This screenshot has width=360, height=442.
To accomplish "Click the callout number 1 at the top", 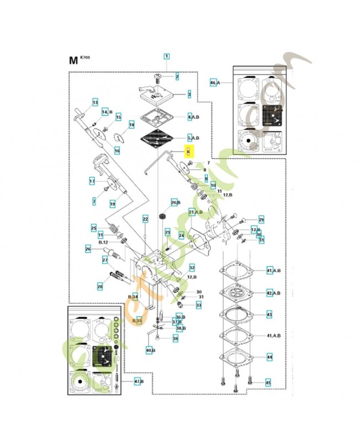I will pos(166,56).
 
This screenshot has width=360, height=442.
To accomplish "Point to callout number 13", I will pos(95,103).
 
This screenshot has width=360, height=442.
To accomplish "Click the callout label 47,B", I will pos(139,381).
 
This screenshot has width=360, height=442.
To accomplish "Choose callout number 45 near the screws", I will pos(268,383).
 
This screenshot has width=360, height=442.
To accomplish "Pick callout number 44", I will pos(269,357).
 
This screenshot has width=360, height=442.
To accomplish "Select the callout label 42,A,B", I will pos(273,293).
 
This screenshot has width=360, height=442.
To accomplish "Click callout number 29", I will pos(261,219).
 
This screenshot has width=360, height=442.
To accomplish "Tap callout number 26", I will pos(88,249).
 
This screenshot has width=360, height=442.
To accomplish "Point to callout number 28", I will pos(100,286).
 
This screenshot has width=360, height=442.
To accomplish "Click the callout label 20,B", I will pos(175,203).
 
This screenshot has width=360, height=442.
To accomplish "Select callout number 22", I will pos(146,219).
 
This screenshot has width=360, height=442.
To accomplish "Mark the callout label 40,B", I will pos(150,350).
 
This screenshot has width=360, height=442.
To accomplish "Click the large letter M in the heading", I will pos(73,60).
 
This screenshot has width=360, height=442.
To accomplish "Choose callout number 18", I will pos(131,125).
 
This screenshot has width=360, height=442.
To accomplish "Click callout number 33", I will pos(199,304).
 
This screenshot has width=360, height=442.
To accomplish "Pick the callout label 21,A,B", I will pos(195,212).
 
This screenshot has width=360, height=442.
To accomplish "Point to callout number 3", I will pos(189,94).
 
